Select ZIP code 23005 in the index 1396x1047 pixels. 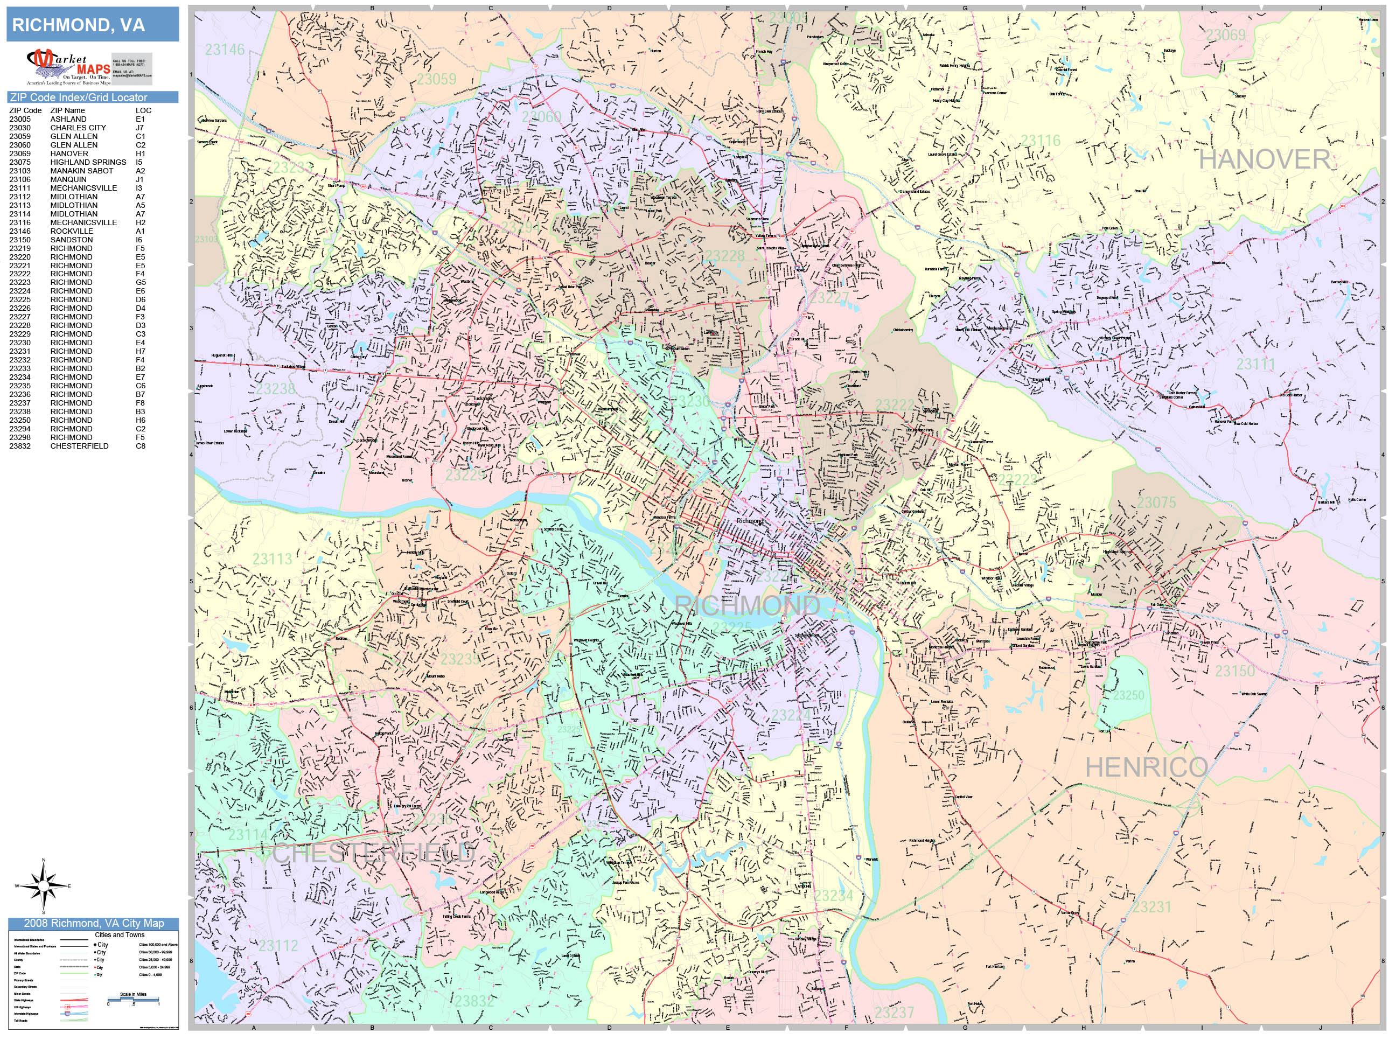[x=19, y=118]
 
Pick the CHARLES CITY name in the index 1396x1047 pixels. [x=78, y=128]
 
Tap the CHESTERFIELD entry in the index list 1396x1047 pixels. [x=80, y=445]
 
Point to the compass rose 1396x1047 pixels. [x=44, y=886]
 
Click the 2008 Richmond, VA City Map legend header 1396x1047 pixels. [x=93, y=923]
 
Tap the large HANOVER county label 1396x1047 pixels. [x=1264, y=159]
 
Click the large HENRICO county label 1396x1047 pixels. [x=1146, y=767]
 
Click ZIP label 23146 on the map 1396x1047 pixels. [x=225, y=49]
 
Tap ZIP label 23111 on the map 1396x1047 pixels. [x=1255, y=364]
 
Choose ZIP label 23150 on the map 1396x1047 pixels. [x=1235, y=671]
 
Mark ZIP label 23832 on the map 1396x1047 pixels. [x=474, y=1001]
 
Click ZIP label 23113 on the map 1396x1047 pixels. [x=273, y=559]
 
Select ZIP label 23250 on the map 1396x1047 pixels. [x=1128, y=695]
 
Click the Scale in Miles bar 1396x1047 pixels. [x=133, y=999]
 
